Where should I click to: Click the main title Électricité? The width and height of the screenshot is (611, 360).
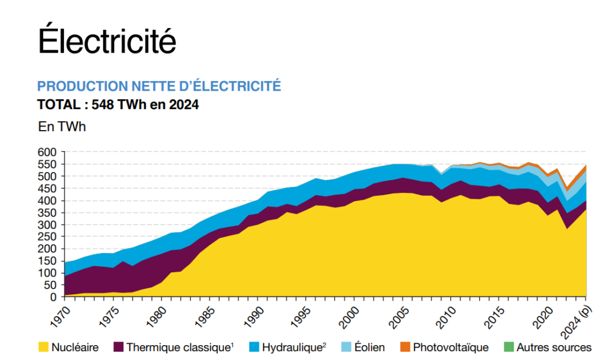[107, 41]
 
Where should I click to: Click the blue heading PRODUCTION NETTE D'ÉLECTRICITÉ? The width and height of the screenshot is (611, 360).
[159, 87]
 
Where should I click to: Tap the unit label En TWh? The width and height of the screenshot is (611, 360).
[62, 127]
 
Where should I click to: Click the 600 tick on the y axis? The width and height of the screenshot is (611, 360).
[47, 152]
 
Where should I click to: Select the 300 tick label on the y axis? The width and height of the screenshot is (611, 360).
[47, 224]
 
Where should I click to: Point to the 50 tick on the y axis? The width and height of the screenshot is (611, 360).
[50, 285]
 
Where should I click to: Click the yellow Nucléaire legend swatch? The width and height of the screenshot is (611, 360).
[43, 347]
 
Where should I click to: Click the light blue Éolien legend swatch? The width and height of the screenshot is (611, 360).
[345, 347]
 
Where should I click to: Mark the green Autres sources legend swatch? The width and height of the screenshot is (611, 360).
[508, 347]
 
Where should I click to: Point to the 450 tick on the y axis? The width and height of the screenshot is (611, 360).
[47, 189]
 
